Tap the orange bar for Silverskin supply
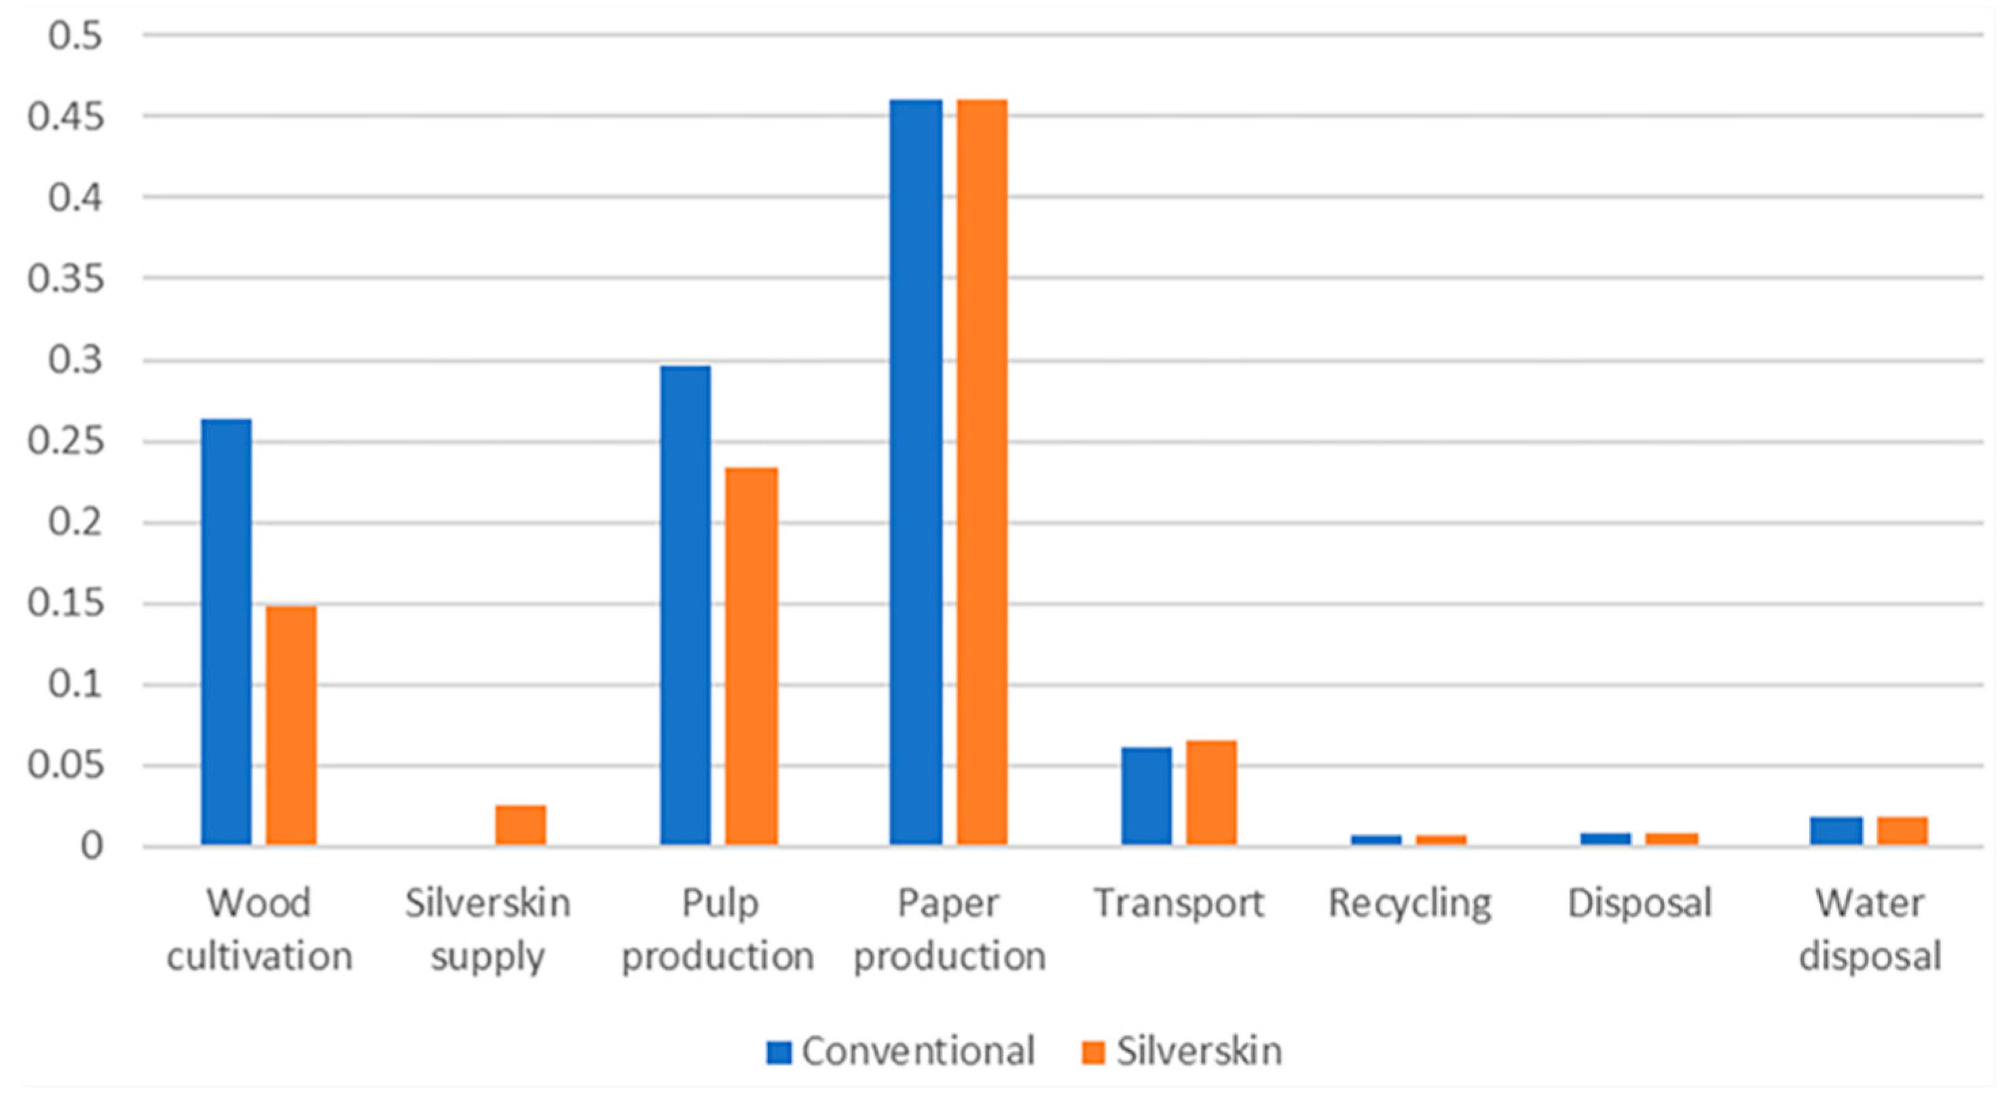click(x=521, y=825)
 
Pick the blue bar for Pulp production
click(x=685, y=605)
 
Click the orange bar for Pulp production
click(x=751, y=656)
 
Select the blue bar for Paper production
click(x=916, y=472)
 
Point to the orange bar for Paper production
click(x=982, y=472)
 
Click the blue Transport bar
click(x=1146, y=796)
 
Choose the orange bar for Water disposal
click(x=1902, y=831)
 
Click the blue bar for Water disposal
click(x=1836, y=831)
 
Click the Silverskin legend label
click(x=1199, y=1052)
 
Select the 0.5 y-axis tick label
click(x=75, y=35)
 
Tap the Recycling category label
click(x=1409, y=904)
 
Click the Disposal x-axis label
click(x=1640, y=904)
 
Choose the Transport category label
click(x=1179, y=904)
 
